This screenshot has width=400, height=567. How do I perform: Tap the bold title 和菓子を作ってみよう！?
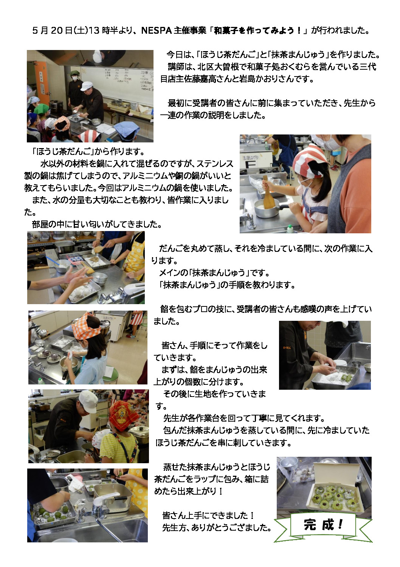pos(258,31)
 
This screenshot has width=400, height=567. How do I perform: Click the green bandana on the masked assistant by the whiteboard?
pos(74,73)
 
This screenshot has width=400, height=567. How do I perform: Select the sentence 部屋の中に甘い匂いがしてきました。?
pos(97,224)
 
